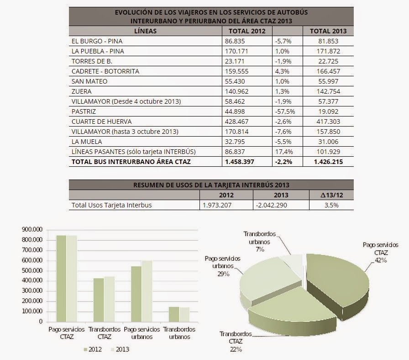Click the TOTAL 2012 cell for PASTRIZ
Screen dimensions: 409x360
[x=235, y=111]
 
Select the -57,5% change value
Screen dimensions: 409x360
[x=285, y=111]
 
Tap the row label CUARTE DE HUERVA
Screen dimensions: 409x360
[x=101, y=122]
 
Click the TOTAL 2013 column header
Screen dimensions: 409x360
[x=328, y=31]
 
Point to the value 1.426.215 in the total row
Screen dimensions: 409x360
[x=328, y=162]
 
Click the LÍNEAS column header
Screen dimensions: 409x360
[x=145, y=31]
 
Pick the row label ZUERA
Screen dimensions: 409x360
[x=81, y=91]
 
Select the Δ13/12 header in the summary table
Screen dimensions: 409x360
[x=331, y=195]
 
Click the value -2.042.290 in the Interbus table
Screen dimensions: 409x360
[x=271, y=205]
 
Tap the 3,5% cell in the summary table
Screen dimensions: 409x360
[x=331, y=205]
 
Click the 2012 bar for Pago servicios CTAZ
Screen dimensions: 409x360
[x=61, y=279]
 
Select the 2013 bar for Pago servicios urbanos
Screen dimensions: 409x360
[x=147, y=291]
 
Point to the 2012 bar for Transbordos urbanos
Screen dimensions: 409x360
[x=174, y=314]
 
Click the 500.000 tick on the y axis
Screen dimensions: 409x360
[x=32, y=270]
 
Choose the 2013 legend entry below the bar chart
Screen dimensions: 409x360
[x=120, y=349]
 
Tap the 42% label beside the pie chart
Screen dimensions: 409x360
[x=381, y=260]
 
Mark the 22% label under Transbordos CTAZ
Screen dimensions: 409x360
[x=236, y=349]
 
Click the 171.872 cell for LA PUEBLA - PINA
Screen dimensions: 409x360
[x=328, y=51]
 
